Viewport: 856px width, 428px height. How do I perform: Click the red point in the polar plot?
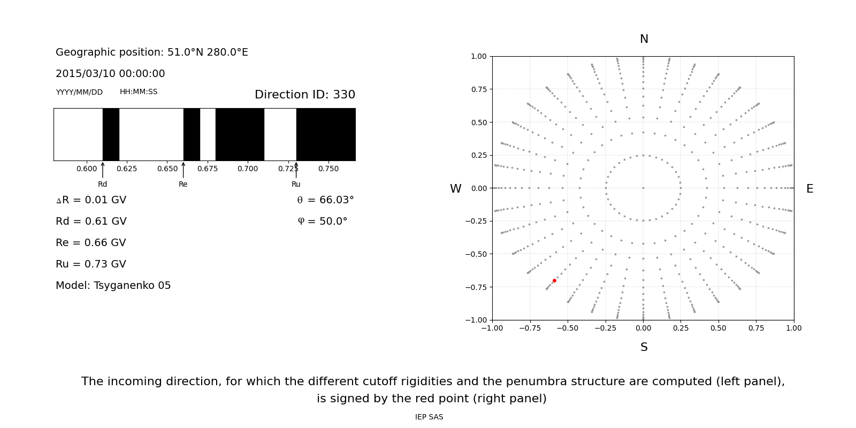554,280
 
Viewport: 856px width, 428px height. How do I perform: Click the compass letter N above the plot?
644,39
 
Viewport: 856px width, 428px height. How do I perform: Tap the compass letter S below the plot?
644,347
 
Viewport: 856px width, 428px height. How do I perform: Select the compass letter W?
455,189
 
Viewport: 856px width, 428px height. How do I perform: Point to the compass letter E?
809,189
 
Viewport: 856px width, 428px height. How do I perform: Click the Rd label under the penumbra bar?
102,184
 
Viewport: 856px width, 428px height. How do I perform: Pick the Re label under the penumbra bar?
183,184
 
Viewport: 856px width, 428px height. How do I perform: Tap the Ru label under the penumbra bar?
296,184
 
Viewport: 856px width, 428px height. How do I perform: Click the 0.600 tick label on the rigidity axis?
87,169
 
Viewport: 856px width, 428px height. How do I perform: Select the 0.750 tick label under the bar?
328,169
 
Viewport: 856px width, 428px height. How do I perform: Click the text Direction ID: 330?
304,95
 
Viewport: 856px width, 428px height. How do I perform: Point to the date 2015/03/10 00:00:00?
110,74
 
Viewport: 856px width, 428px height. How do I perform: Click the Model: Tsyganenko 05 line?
113,286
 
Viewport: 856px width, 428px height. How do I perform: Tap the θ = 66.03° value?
325,200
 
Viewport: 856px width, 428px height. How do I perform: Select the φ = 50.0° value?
322,221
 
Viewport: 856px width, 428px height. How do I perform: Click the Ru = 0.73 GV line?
91,264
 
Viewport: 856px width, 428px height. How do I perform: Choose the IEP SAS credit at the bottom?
429,417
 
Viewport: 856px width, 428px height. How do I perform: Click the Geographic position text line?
152,52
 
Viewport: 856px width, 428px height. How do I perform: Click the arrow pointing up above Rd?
103,170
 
